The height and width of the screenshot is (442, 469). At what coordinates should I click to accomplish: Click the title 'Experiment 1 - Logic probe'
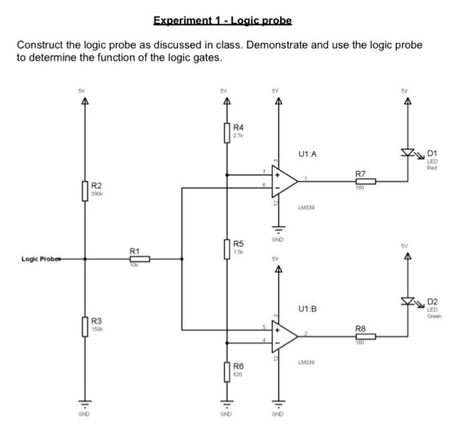[222, 20]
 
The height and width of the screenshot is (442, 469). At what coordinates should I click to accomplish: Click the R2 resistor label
[97, 185]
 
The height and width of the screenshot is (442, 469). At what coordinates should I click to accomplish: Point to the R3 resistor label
[97, 323]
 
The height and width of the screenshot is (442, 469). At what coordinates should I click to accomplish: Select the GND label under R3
[84, 415]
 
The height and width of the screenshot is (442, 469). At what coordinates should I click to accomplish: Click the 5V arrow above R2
[84, 101]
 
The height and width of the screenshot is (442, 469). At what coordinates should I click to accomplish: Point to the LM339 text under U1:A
[306, 208]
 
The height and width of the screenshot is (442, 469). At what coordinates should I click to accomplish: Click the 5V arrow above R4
[226, 101]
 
